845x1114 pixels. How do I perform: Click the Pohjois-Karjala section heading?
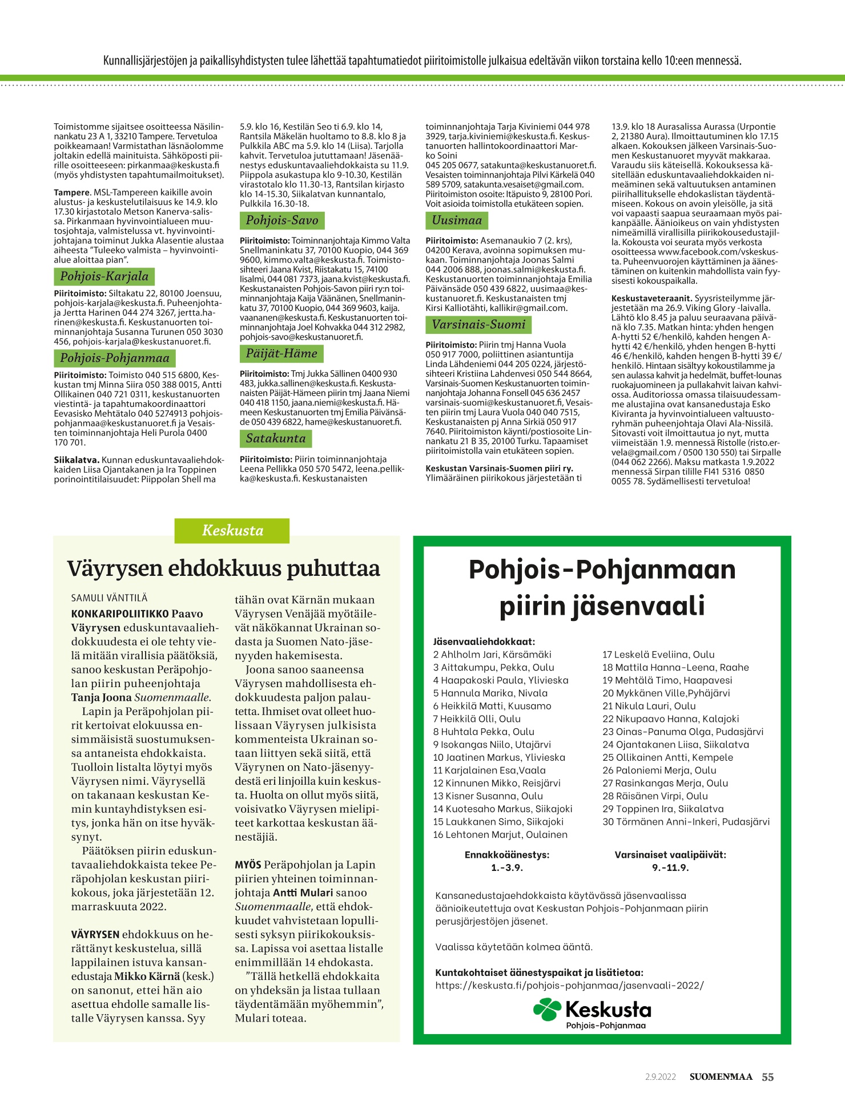104,277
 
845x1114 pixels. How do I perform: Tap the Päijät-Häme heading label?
281,353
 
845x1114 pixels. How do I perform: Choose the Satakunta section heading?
276,438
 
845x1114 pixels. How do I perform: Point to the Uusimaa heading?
457,220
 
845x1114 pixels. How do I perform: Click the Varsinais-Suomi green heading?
478,325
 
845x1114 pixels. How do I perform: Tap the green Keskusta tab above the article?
232,530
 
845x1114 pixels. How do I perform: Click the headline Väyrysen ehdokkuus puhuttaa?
223,568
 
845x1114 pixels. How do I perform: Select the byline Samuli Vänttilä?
109,598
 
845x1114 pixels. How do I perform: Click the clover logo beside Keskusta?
547,1009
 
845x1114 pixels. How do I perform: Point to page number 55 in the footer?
768,1077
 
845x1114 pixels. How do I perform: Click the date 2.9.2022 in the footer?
661,1077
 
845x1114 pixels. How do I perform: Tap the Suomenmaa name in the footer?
721,1077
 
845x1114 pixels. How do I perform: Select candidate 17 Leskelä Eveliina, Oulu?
658,655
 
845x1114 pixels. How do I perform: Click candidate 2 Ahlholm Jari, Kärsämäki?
492,655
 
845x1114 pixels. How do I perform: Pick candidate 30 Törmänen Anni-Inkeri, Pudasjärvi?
686,822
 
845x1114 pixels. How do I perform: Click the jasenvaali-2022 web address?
569,985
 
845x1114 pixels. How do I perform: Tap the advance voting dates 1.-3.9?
507,867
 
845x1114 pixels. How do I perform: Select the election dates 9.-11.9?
670,867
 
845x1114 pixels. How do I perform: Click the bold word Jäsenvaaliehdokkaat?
484,641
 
